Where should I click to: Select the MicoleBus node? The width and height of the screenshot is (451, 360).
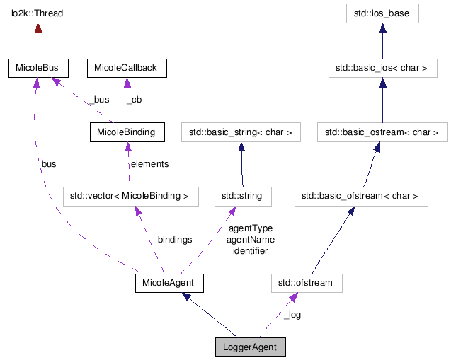click(38, 69)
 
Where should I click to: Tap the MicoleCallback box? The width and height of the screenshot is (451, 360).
click(127, 69)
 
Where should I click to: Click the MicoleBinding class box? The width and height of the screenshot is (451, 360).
click(126, 132)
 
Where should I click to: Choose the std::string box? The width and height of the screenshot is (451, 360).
click(243, 196)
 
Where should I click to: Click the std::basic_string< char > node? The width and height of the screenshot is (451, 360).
click(241, 132)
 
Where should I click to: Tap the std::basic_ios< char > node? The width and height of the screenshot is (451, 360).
click(382, 69)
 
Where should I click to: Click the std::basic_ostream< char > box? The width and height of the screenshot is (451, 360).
click(382, 132)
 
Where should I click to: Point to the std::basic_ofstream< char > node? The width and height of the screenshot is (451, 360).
click(361, 196)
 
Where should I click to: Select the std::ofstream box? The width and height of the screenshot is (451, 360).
click(306, 284)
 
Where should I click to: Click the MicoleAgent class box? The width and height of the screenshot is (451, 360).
click(169, 284)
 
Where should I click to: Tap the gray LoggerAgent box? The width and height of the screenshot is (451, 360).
click(251, 347)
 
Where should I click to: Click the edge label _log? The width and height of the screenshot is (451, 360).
click(292, 315)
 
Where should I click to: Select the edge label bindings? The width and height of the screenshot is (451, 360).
click(174, 240)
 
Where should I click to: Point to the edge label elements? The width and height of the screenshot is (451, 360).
click(149, 164)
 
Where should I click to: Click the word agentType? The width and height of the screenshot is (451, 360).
click(250, 228)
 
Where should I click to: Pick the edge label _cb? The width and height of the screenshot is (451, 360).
click(135, 100)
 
